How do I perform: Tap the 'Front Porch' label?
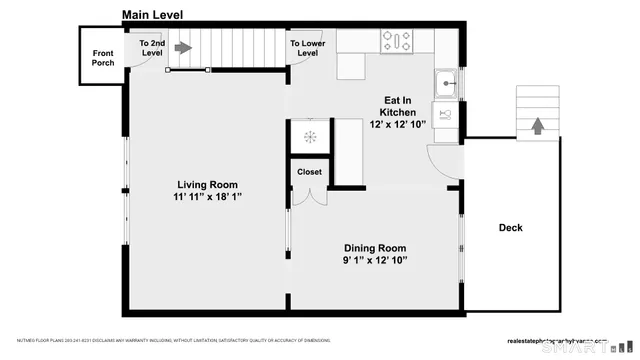coord(103,58)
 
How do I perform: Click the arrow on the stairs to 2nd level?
coord(182,46)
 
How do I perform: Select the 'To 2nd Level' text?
coord(151,49)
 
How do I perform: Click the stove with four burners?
coord(396,42)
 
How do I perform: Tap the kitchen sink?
coord(446,82)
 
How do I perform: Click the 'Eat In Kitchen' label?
coord(398,106)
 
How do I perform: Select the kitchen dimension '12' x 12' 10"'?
coord(398,124)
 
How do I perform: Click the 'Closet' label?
coord(309,172)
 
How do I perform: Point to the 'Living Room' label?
coord(207,184)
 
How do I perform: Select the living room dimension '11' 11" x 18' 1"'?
coord(207,198)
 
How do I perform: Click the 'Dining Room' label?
coord(375,248)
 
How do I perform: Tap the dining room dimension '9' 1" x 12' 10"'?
coord(375,261)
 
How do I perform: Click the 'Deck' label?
coord(510,228)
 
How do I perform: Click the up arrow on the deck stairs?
coord(537,125)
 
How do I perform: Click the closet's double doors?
coord(309,196)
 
